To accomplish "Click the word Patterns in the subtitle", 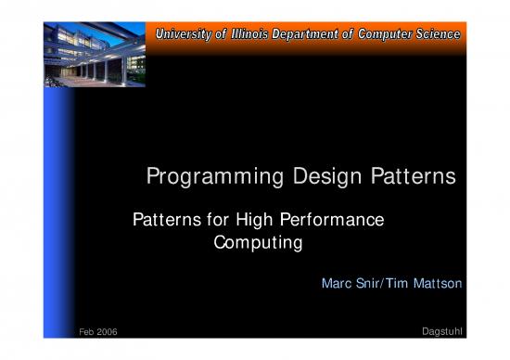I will point(163,221).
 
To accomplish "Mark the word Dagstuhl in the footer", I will point(442,332).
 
